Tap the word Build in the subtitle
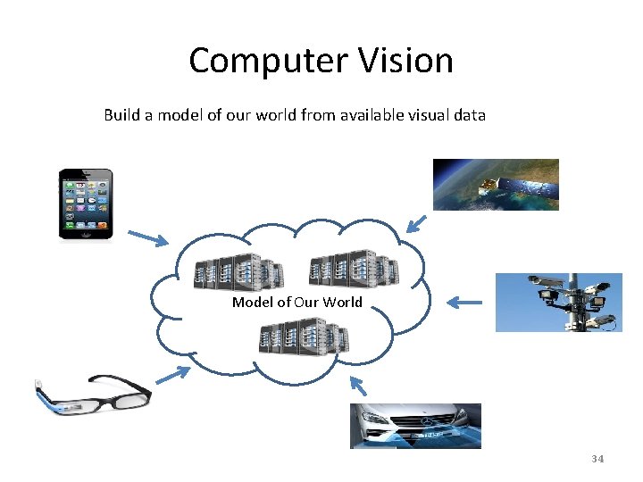click(121, 115)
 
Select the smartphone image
click(86, 204)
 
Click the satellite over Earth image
click(496, 184)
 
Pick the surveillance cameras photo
click(559, 302)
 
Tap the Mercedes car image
click(415, 426)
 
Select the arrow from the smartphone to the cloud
click(147, 237)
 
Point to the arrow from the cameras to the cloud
click(463, 303)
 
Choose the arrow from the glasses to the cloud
click(172, 378)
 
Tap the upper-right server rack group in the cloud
click(353, 268)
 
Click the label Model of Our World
click(297, 302)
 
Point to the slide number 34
click(597, 459)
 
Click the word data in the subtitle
click(470, 115)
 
